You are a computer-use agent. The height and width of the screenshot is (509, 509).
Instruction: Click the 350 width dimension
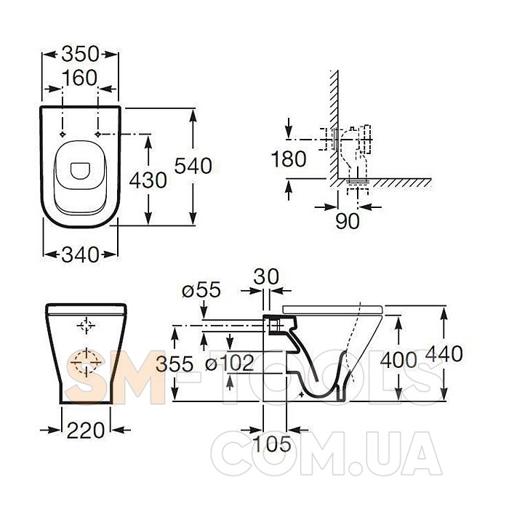[80, 54]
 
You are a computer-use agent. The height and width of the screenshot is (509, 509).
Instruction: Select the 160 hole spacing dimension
[79, 78]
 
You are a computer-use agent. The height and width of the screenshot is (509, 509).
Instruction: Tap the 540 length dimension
[193, 166]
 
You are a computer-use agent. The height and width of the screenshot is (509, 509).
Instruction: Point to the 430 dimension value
[148, 180]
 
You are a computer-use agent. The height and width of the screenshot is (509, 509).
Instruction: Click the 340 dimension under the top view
[80, 254]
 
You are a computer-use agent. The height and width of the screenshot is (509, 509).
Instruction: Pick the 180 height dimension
[289, 159]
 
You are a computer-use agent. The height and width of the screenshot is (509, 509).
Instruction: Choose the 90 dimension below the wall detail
[348, 221]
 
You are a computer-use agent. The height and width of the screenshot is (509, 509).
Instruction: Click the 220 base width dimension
[86, 430]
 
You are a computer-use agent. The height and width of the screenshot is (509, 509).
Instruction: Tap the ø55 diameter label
[201, 290]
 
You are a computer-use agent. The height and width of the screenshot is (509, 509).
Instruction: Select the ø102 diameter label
[230, 363]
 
